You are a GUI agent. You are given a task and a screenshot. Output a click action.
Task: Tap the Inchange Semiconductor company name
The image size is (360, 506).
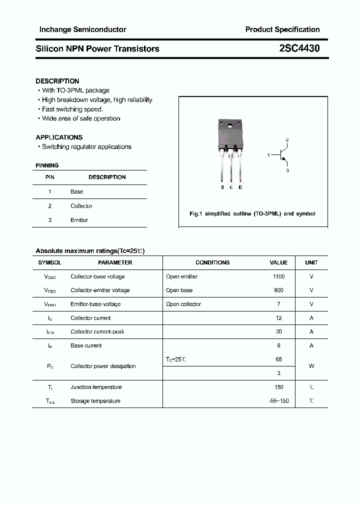click(x=82, y=29)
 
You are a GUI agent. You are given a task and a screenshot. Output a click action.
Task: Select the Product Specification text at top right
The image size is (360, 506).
click(x=282, y=29)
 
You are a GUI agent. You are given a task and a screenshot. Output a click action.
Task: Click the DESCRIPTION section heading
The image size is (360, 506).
click(x=57, y=81)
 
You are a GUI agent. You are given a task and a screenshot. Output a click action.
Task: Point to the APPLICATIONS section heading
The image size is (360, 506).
click(x=59, y=137)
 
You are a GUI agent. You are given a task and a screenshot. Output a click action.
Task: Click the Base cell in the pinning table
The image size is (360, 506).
click(x=77, y=191)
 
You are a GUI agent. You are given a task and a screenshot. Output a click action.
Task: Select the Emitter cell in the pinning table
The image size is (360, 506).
click(x=79, y=220)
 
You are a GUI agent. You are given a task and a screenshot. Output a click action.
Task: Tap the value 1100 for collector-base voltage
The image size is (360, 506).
click(x=278, y=276)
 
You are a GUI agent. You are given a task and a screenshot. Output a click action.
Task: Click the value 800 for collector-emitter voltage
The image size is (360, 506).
click(x=278, y=290)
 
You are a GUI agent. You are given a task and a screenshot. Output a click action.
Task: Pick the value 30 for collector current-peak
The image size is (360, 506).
click(x=278, y=331)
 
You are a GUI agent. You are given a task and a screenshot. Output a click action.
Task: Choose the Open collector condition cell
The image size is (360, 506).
click(x=183, y=304)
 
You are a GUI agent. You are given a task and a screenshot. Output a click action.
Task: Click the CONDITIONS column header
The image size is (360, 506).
click(x=212, y=262)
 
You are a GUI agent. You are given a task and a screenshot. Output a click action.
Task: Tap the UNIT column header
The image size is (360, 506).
click(x=311, y=262)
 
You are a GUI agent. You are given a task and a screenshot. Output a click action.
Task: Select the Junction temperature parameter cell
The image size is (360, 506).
click(x=96, y=387)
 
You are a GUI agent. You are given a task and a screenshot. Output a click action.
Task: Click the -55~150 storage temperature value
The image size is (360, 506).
click(x=278, y=401)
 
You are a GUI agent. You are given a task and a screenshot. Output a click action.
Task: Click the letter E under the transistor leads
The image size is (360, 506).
click(x=240, y=187)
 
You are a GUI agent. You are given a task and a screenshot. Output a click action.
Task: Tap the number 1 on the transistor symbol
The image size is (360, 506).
click(x=268, y=155)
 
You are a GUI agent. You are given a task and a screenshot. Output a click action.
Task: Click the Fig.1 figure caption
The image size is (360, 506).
click(x=252, y=213)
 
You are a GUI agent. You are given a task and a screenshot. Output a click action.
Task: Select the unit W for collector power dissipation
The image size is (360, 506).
click(x=311, y=366)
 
